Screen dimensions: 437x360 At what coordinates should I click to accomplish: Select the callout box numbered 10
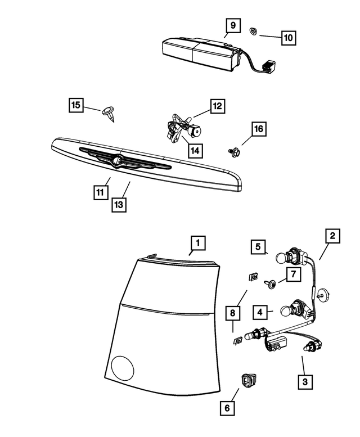point(287,38)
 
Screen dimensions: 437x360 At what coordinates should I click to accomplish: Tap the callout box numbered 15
point(76,105)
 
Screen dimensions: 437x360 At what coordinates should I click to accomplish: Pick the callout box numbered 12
point(217,106)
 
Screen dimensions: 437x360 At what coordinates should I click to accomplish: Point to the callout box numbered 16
point(258,130)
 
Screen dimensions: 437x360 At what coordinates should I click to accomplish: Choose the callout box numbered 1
point(197,243)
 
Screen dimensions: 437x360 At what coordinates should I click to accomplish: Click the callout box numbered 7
point(293,274)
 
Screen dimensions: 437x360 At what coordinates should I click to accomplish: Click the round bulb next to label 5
point(283,258)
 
